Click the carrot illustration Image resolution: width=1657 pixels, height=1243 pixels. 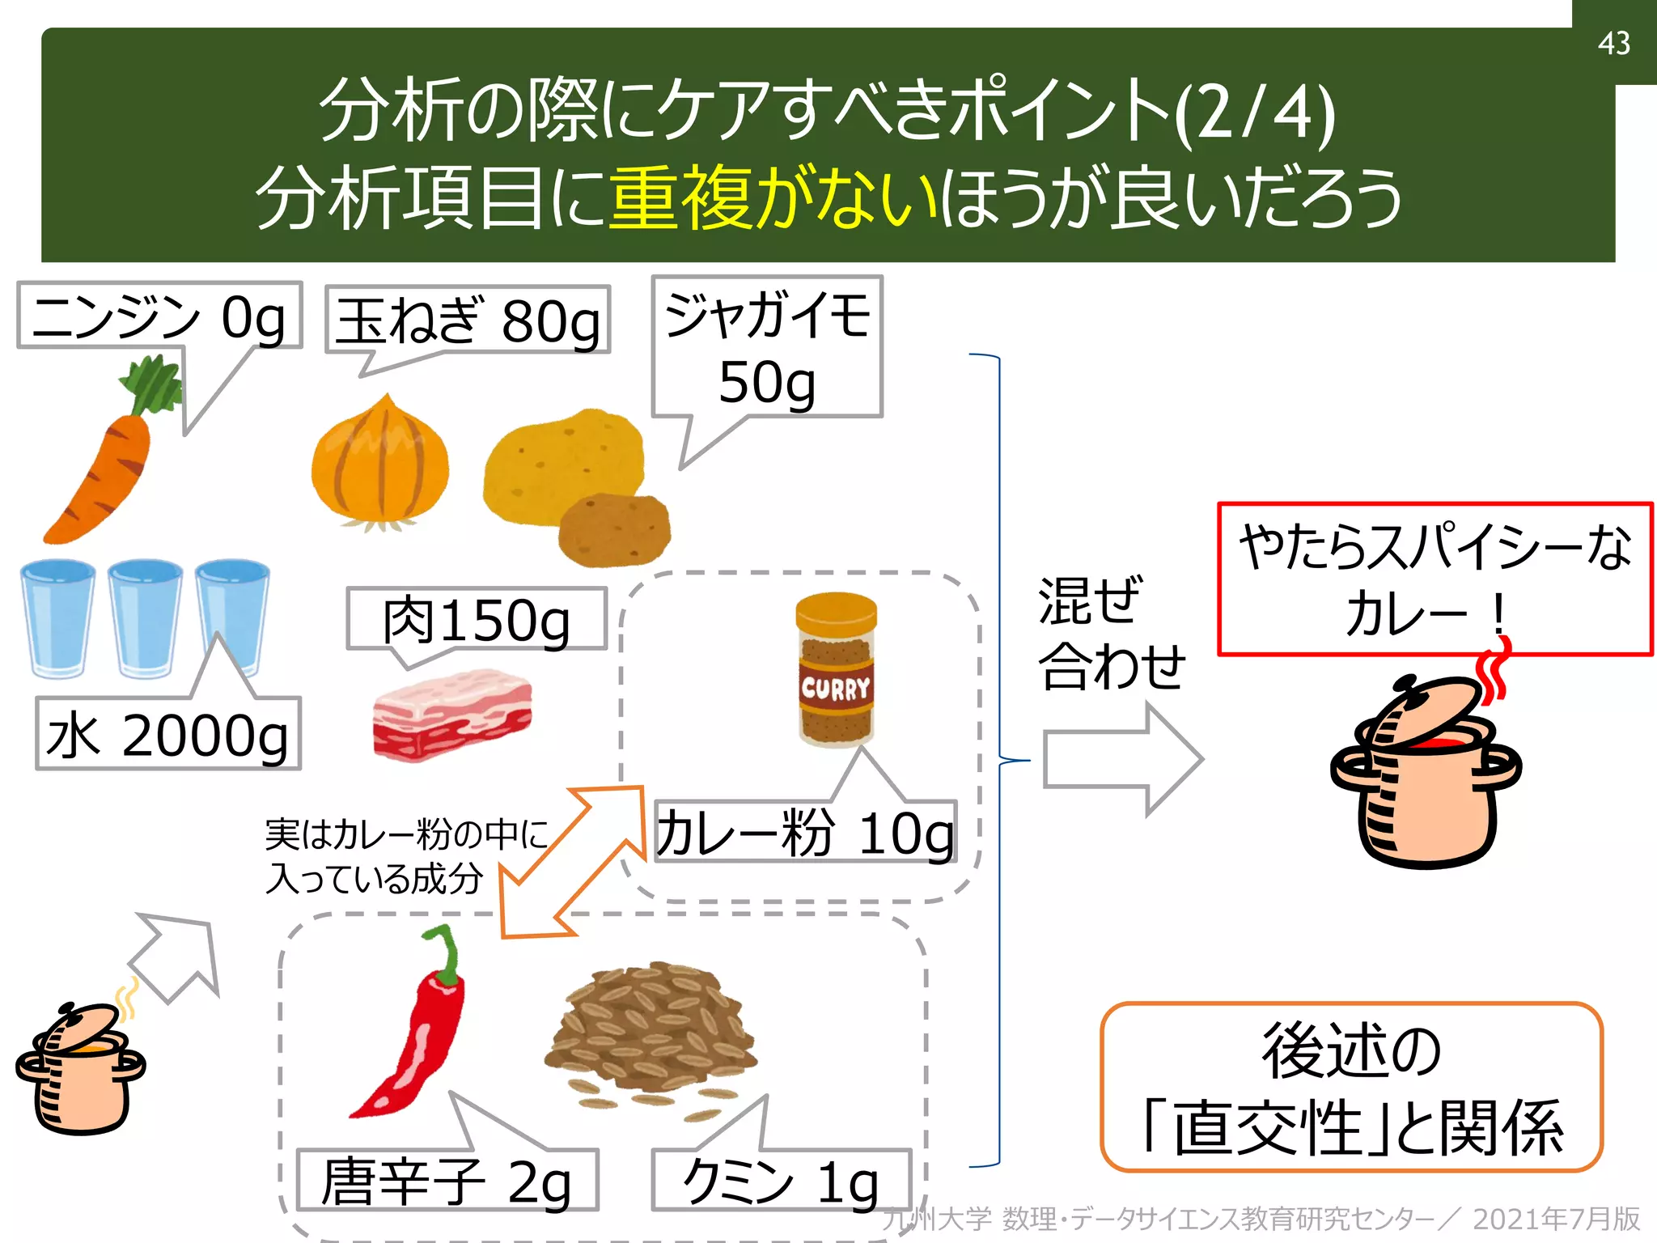coord(109,461)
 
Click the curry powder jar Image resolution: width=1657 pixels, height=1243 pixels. coord(836,672)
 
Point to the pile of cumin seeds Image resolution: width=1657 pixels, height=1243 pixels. coord(651,1028)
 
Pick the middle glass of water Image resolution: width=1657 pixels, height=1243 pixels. coord(146,619)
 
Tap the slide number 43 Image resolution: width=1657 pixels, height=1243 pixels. coord(1613,43)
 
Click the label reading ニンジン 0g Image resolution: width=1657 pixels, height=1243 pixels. coord(159,316)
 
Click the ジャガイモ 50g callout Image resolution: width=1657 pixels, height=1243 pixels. coord(766,348)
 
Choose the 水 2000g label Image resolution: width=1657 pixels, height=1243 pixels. coord(168,734)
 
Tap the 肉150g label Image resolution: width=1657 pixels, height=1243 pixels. coord(476,620)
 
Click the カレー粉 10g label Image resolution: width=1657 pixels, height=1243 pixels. coord(805,833)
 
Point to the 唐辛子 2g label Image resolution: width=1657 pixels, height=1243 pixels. coord(447,1181)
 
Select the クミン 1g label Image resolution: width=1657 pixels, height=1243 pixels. coord(781,1181)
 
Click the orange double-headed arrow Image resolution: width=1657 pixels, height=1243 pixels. coord(571,862)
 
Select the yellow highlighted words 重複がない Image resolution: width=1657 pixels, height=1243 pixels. coord(773,197)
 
